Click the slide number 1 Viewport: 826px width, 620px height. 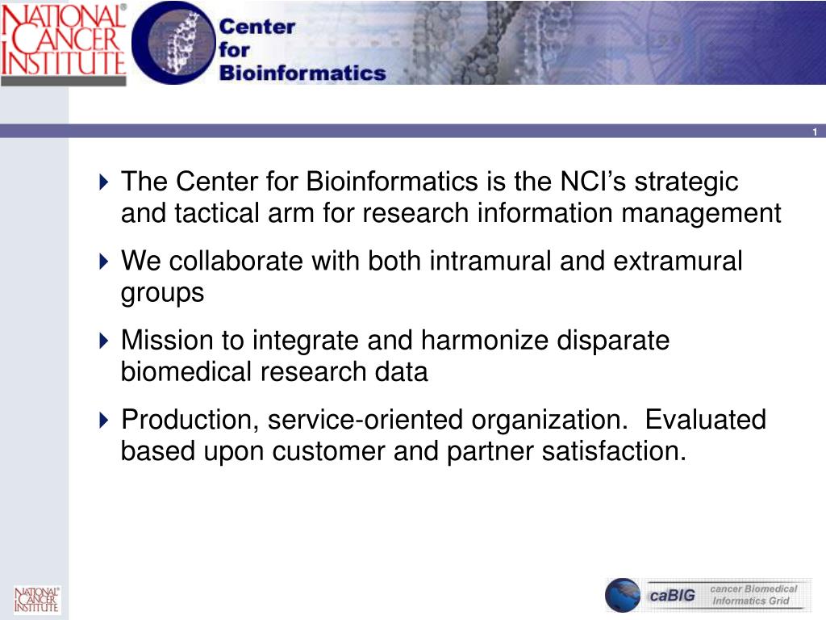(815, 132)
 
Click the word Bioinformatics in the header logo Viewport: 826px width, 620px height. (302, 73)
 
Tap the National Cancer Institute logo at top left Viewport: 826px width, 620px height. (63, 42)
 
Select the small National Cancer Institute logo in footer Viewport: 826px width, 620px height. (36, 600)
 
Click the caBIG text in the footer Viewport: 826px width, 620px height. (673, 597)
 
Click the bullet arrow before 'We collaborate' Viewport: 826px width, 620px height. (104, 262)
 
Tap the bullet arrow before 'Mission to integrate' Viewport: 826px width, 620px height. (104, 341)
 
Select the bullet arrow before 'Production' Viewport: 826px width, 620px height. (104, 420)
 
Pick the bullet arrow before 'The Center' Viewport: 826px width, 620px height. (104, 182)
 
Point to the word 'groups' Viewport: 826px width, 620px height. (162, 293)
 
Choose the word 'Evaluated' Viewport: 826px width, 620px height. (707, 420)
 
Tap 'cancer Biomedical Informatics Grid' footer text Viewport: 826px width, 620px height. (753, 595)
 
